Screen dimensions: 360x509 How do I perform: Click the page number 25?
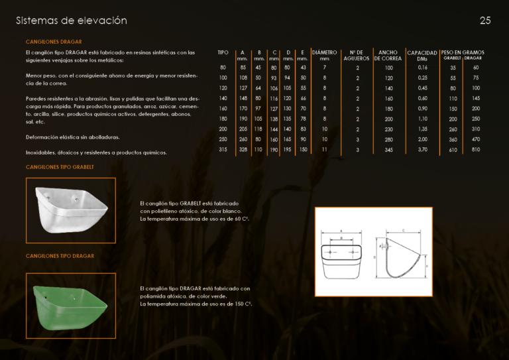[x=485, y=21]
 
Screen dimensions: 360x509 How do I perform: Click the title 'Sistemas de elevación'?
[x=72, y=21]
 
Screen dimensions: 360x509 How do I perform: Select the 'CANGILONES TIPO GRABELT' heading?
[x=60, y=167]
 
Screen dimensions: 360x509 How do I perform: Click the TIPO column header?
[x=223, y=52]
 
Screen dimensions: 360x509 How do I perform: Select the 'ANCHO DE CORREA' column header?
[x=388, y=55]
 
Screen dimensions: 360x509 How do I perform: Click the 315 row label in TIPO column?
[x=223, y=150]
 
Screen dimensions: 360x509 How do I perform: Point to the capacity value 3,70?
[x=423, y=150]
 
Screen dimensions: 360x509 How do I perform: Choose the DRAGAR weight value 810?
[x=476, y=150]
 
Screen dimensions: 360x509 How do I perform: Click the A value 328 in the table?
[x=243, y=150]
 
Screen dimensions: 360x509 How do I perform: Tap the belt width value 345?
[x=388, y=150]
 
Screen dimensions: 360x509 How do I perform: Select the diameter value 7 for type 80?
[x=324, y=67]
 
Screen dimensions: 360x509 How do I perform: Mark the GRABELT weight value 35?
[x=453, y=68]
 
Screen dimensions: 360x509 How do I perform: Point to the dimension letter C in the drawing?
[x=403, y=229]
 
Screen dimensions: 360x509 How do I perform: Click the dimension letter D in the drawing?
[x=374, y=257]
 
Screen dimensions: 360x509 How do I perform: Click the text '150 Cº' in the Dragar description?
[x=244, y=304]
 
